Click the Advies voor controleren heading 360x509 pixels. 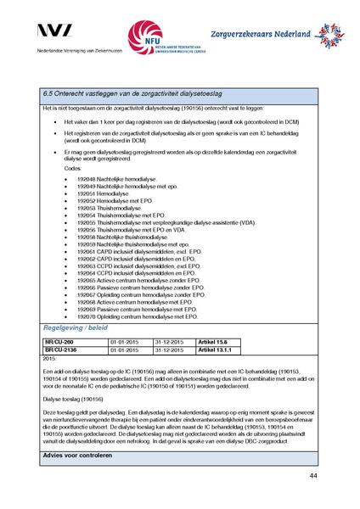point(81,456)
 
